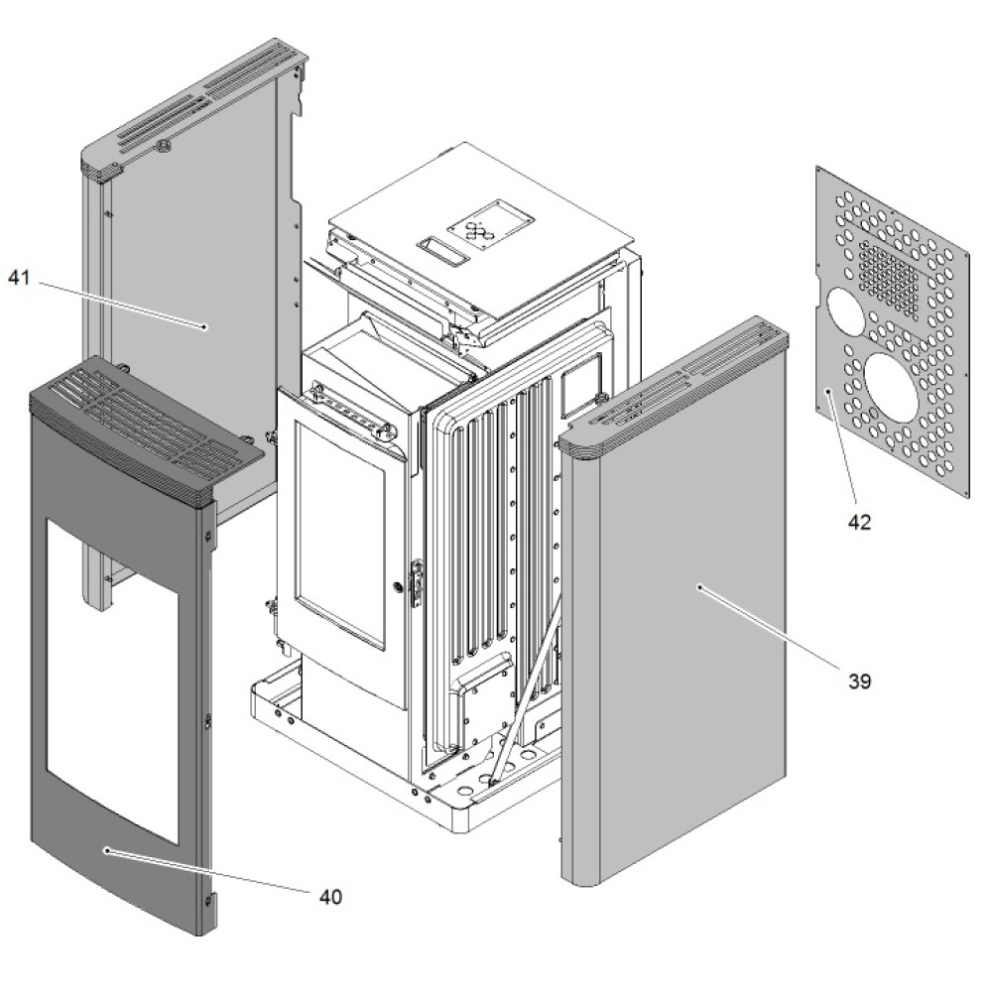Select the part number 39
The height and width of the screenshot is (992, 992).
point(859,682)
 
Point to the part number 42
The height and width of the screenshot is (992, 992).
point(859,522)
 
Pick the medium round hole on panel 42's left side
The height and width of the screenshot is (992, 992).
point(845,311)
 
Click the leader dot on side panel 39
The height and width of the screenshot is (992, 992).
point(699,587)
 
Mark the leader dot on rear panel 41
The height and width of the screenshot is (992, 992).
point(203,325)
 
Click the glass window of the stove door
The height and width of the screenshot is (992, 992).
point(339,541)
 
